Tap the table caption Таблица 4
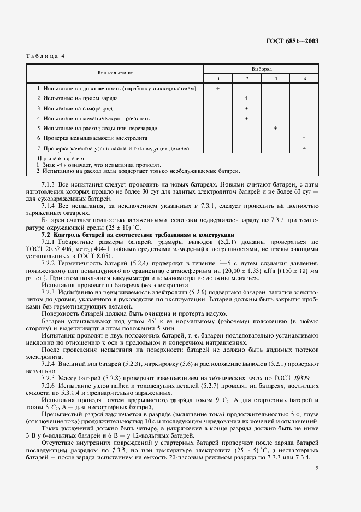(46, 56)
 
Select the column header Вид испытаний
(115, 72)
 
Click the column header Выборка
(262, 69)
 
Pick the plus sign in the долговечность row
(218, 88)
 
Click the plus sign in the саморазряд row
(247, 108)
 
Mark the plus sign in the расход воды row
(275, 128)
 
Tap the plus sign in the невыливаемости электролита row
(304, 138)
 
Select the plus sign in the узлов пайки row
(304, 148)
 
